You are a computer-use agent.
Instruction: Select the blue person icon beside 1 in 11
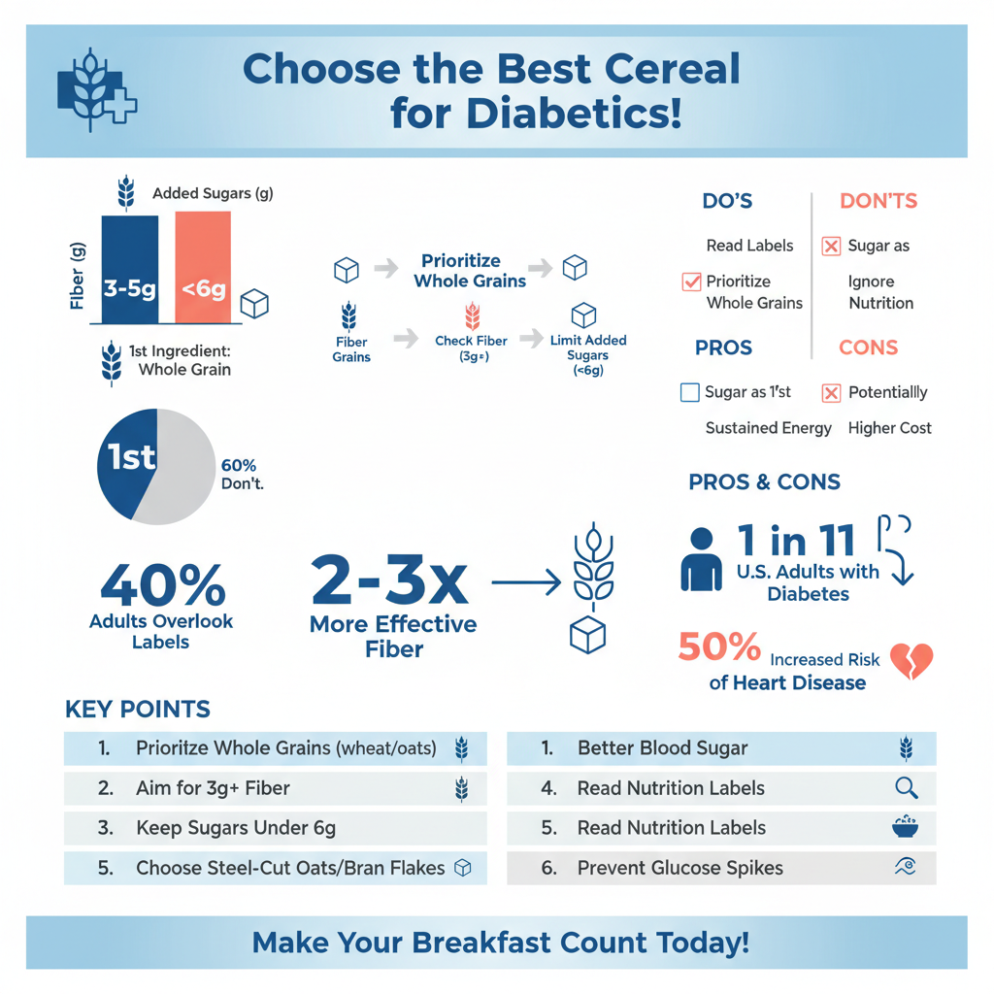[x=701, y=560]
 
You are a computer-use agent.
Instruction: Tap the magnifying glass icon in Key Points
[x=906, y=788]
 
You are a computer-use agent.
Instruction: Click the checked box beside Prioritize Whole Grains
[x=691, y=282]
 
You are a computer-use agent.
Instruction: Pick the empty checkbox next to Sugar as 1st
[x=690, y=392]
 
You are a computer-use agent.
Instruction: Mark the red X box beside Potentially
[x=831, y=392]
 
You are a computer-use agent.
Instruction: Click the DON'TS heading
[x=878, y=201]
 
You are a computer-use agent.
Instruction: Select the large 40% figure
[x=163, y=584]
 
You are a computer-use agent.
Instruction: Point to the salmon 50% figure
[x=719, y=646]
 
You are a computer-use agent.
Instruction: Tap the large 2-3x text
[x=390, y=580]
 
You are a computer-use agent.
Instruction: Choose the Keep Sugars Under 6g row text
[x=236, y=828]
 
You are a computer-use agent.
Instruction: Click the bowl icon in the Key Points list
[x=906, y=827]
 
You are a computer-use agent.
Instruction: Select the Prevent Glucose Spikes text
[x=679, y=868]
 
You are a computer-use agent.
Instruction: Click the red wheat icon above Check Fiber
[x=472, y=315]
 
